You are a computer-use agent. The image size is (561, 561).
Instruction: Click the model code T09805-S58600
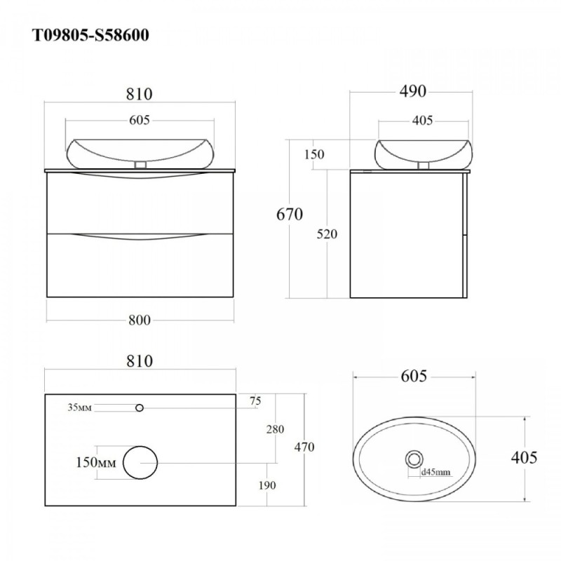pos(91,36)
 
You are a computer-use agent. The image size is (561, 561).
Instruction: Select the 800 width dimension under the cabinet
pos(140,320)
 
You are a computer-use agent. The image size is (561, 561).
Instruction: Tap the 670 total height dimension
pos(290,215)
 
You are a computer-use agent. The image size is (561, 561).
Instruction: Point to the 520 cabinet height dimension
pos(327,234)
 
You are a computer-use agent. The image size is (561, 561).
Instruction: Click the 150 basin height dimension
pos(314,154)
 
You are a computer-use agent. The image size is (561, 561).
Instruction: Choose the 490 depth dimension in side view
pos(413,91)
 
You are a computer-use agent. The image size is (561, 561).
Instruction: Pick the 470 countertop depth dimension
pos(304,447)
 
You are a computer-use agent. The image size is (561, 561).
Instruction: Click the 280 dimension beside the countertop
pos(275,429)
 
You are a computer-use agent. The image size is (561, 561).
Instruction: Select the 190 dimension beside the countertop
pos(267,485)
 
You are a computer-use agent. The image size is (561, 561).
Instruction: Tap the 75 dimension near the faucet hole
pos(255,401)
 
